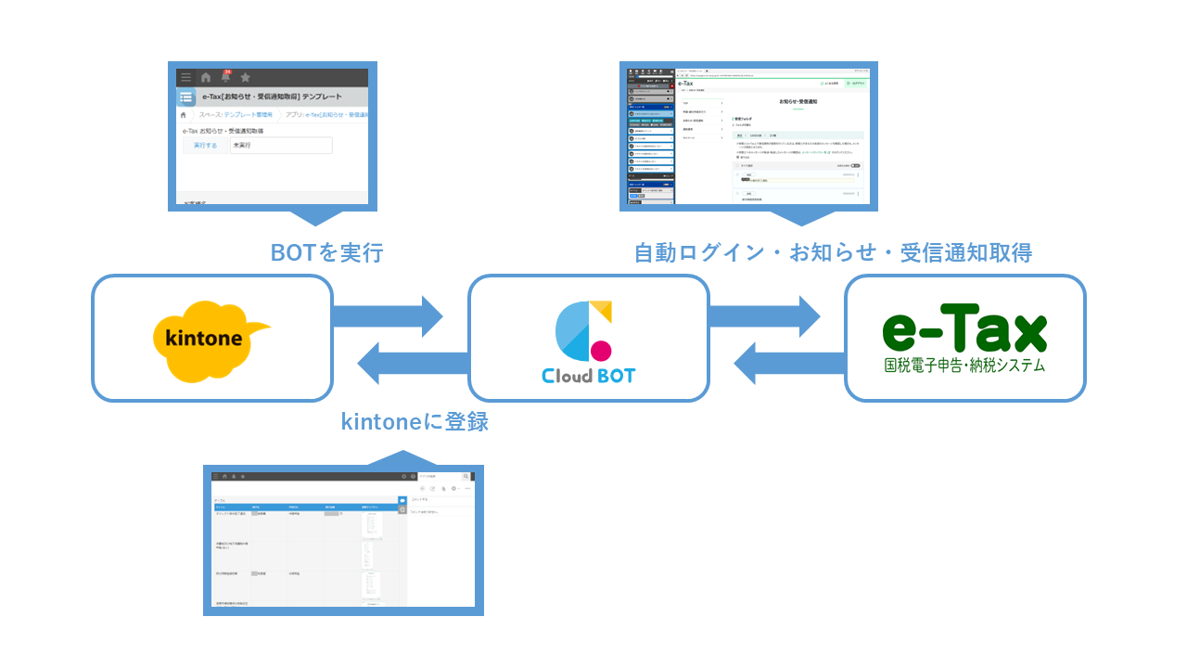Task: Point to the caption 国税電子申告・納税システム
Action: click(964, 366)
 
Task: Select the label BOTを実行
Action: click(326, 252)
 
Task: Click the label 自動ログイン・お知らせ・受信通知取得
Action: click(833, 252)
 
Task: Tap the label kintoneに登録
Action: click(415, 422)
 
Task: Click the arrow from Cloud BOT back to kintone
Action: click(412, 363)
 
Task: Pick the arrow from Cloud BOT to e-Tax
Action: click(765, 316)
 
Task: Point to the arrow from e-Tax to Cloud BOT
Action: click(788, 363)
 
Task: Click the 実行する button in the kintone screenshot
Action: click(205, 146)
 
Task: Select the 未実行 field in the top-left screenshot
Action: click(280, 146)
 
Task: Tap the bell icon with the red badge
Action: click(225, 77)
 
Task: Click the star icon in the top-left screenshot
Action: click(245, 77)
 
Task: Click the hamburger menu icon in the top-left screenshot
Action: click(186, 77)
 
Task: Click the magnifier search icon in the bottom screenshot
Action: click(466, 476)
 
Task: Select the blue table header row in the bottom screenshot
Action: click(304, 507)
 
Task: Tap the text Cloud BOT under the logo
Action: click(589, 377)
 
